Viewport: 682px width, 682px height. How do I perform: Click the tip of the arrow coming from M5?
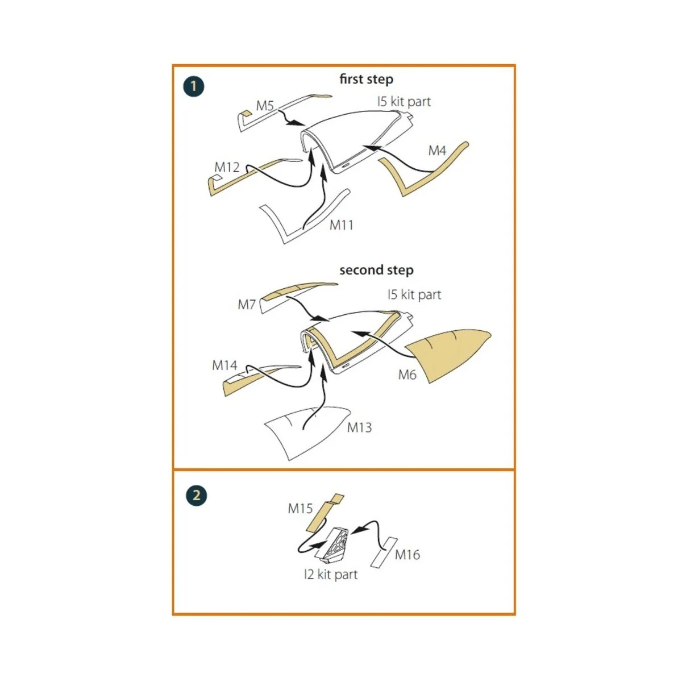point(305,124)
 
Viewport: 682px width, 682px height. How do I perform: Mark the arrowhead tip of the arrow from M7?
point(329,320)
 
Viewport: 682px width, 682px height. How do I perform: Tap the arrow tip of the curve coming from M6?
point(351,332)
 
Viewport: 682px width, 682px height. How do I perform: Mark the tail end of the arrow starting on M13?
point(303,430)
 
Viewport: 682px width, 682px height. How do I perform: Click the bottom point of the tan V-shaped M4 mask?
point(404,196)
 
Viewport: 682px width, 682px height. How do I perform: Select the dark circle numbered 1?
point(194,87)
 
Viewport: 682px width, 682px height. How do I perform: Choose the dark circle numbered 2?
point(196,495)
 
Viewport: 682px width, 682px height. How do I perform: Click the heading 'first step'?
point(367,79)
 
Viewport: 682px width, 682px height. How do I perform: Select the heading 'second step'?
point(376,270)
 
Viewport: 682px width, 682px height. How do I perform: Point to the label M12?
point(227,167)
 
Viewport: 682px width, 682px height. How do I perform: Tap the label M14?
point(224,365)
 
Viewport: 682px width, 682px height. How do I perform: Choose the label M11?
point(341,224)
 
